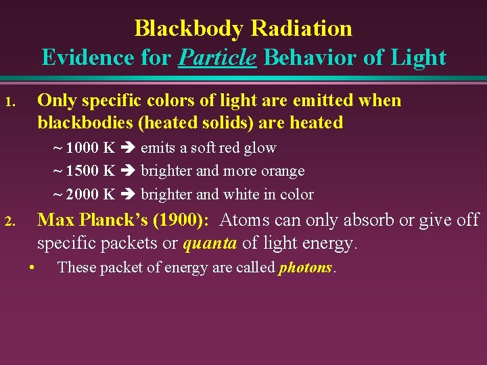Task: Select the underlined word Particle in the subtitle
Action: pos(217,57)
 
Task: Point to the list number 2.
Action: pos(9,222)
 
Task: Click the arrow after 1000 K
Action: pos(128,148)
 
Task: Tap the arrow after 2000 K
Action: pos(128,195)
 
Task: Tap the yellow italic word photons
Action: pos(305,268)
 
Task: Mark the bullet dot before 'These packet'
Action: pos(32,267)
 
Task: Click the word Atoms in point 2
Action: pos(245,220)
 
